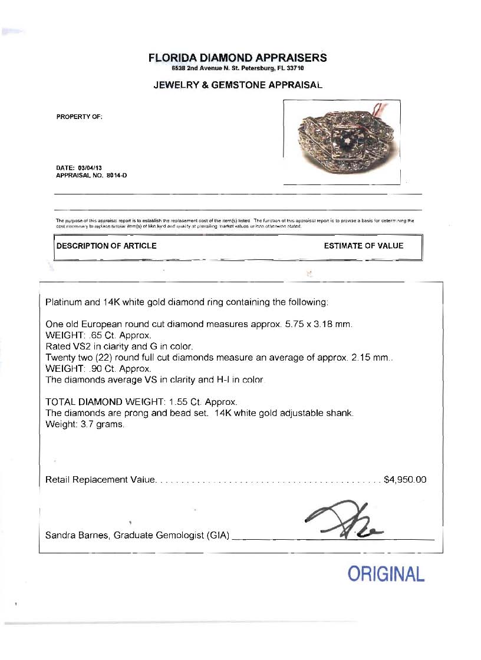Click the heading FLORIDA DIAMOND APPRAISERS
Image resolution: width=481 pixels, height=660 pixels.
point(237,58)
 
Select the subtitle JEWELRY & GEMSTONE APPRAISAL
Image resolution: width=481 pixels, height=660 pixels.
point(238,85)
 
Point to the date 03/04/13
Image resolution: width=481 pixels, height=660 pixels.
point(86,167)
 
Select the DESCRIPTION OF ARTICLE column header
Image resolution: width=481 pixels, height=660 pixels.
point(106,246)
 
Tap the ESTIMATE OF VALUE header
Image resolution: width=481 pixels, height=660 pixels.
point(364,246)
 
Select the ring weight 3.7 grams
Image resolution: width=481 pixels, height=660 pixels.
point(101,424)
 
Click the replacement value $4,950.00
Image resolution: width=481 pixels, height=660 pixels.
point(404,480)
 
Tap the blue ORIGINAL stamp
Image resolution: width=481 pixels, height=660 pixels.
point(386,573)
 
